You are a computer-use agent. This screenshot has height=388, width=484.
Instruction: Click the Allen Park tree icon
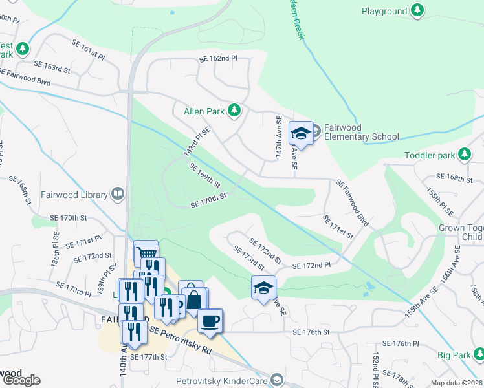click(x=234, y=111)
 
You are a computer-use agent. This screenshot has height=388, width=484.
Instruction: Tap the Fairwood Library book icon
click(x=118, y=193)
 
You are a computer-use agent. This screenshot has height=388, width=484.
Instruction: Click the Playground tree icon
click(x=419, y=11)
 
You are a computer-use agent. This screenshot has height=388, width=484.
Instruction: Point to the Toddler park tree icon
click(x=464, y=155)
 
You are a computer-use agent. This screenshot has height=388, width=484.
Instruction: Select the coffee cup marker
click(x=210, y=320)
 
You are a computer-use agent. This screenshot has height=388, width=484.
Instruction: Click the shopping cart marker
click(x=146, y=252)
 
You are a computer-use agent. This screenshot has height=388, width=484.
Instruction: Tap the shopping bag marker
click(x=195, y=299)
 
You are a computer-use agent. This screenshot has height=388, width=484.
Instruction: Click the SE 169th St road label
click(x=204, y=175)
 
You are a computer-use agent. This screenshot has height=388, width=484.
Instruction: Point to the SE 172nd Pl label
click(x=311, y=265)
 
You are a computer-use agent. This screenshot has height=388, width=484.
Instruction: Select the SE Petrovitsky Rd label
click(x=181, y=340)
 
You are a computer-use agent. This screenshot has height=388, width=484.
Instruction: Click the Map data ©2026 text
click(x=457, y=383)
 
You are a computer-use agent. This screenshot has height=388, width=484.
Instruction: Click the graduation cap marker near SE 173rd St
click(x=264, y=287)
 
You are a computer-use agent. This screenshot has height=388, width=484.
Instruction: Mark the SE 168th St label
click(x=456, y=177)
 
